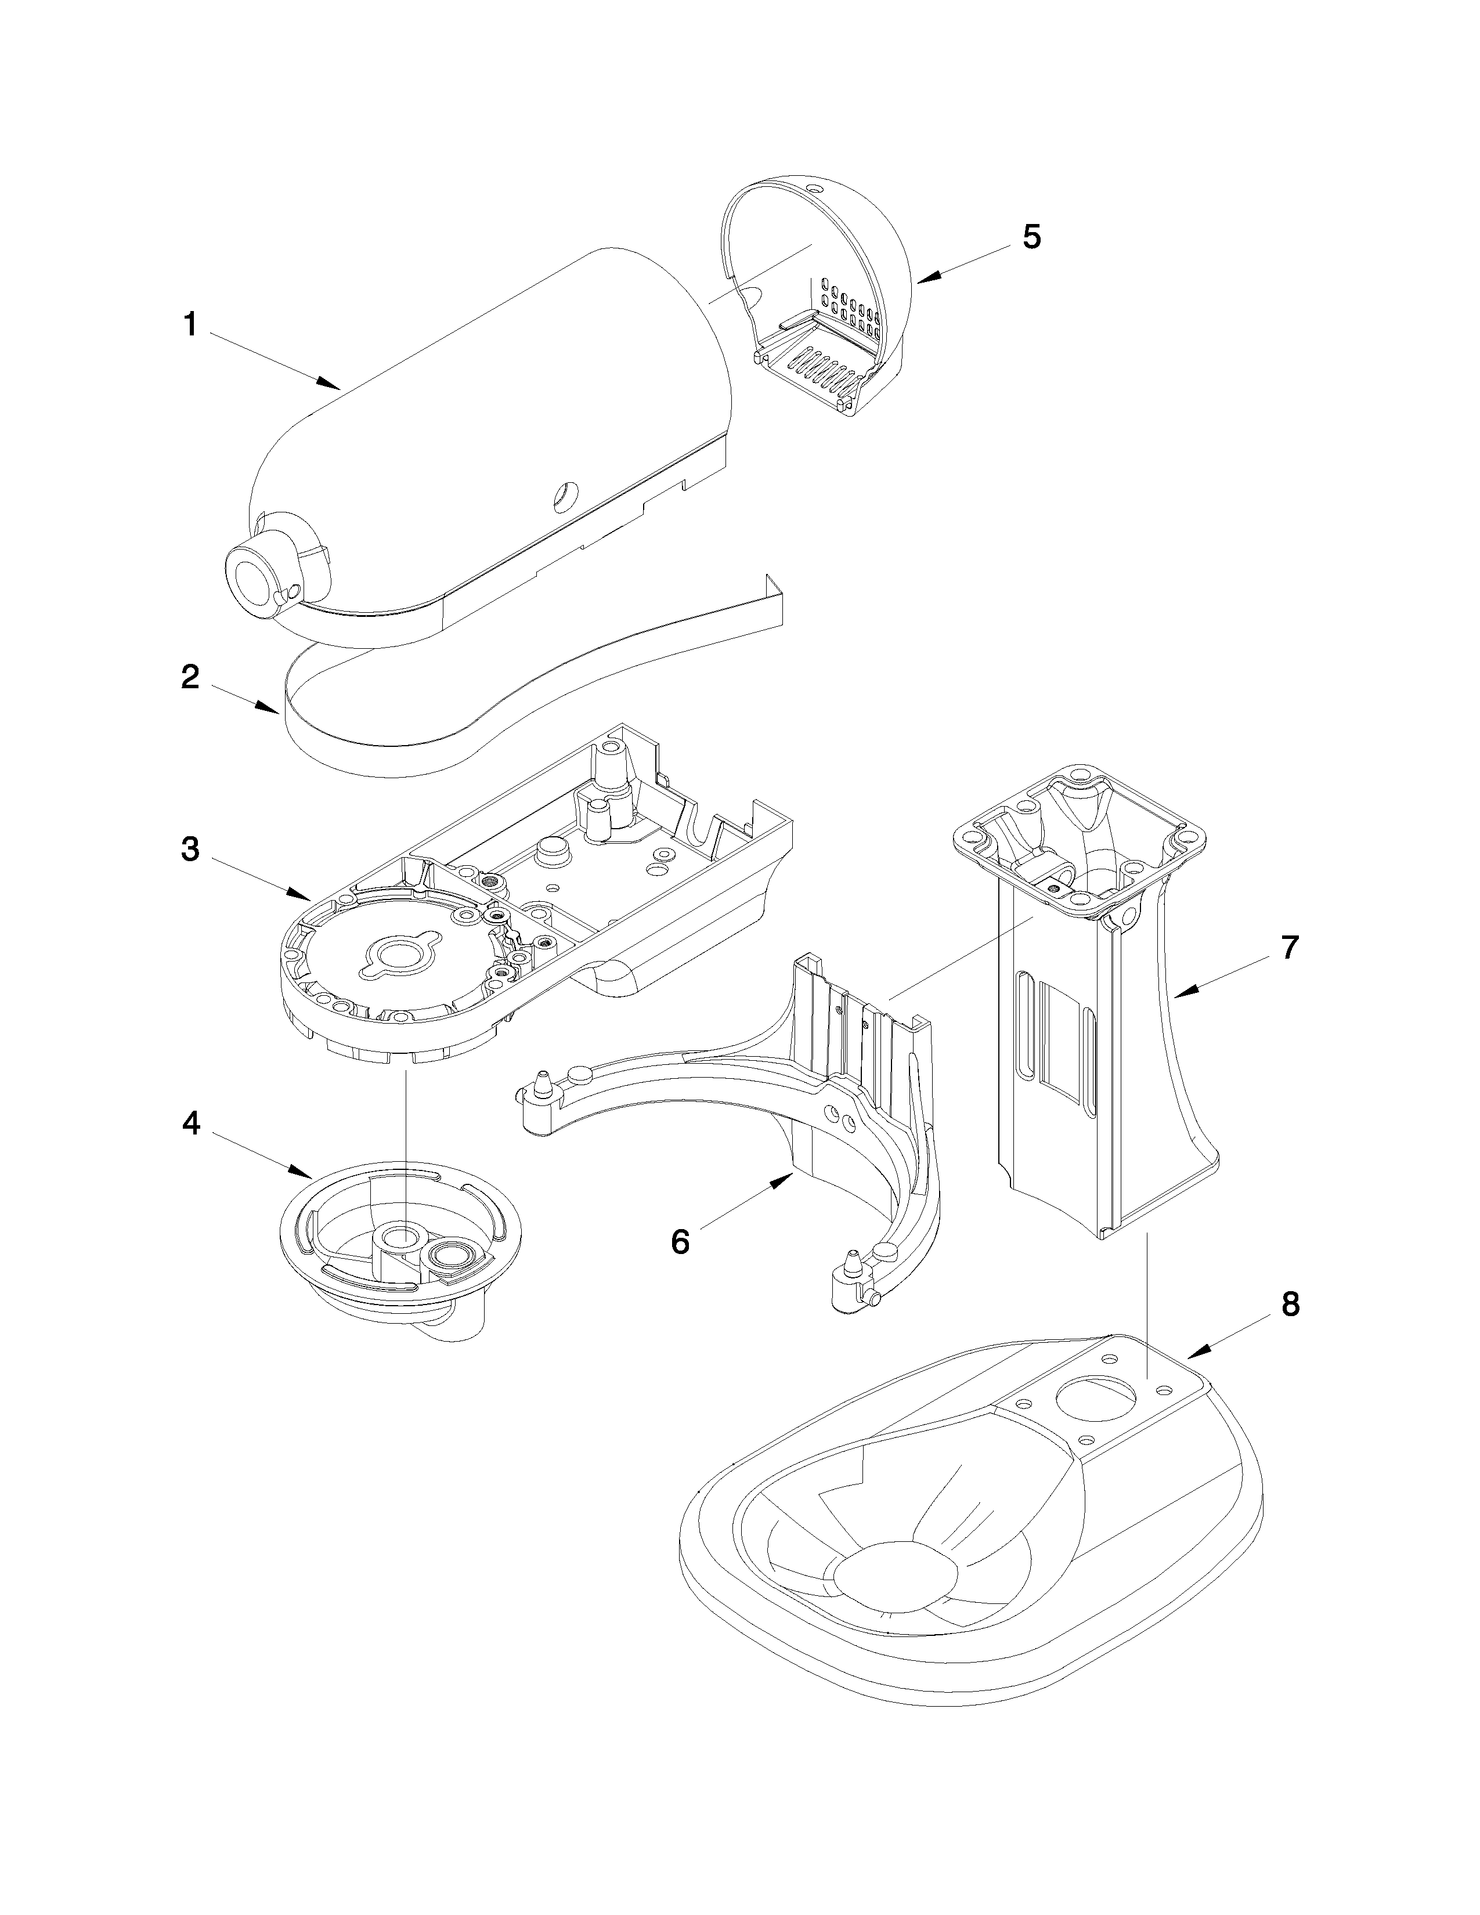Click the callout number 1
[189, 326]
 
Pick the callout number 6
[680, 1242]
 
